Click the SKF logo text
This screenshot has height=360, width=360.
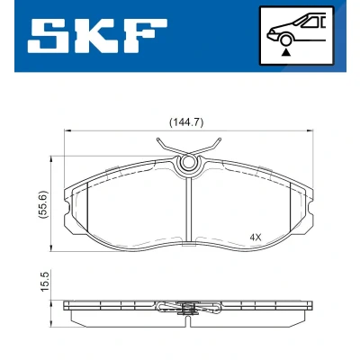[x=97, y=36]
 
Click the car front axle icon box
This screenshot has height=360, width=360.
[x=297, y=35]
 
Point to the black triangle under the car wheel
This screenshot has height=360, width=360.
[x=286, y=53]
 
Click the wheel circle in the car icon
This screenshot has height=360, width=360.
[x=285, y=40]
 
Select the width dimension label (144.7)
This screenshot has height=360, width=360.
[x=186, y=122]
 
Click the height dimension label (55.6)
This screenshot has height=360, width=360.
[x=44, y=204]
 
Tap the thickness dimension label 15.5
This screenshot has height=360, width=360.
[x=44, y=281]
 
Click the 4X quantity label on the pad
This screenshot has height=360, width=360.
[x=256, y=238]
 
